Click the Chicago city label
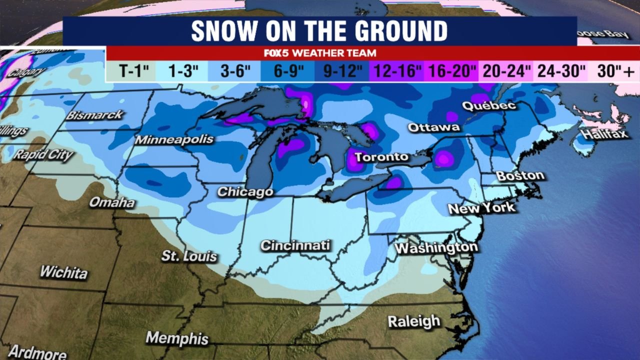245,192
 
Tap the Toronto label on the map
381,157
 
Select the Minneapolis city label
174,139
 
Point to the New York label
481,208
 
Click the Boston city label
520,176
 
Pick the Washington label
435,248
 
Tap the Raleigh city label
414,321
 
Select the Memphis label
177,338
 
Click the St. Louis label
189,256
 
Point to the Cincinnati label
295,245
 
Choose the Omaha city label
112,202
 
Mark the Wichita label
63,272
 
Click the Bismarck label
94,115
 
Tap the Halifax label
604,134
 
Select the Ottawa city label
433,127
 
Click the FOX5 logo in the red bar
277,53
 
